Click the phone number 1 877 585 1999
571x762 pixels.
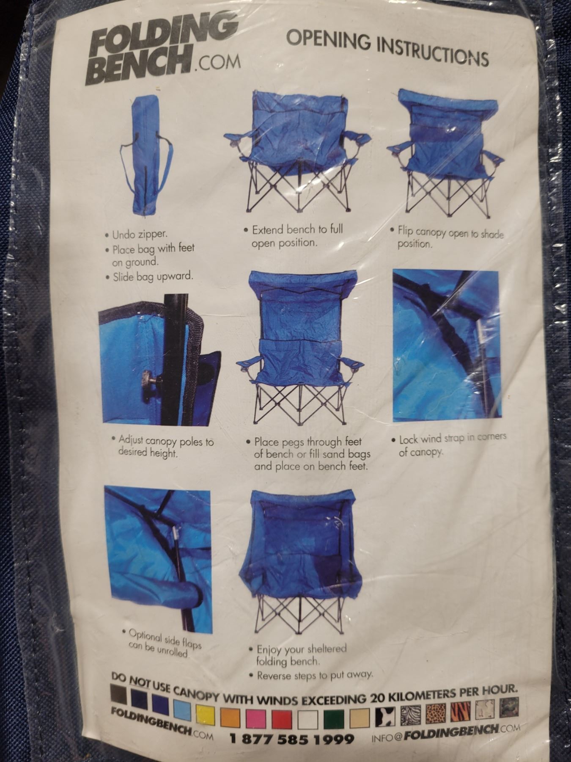point(292,739)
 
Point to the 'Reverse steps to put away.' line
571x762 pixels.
point(313,674)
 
